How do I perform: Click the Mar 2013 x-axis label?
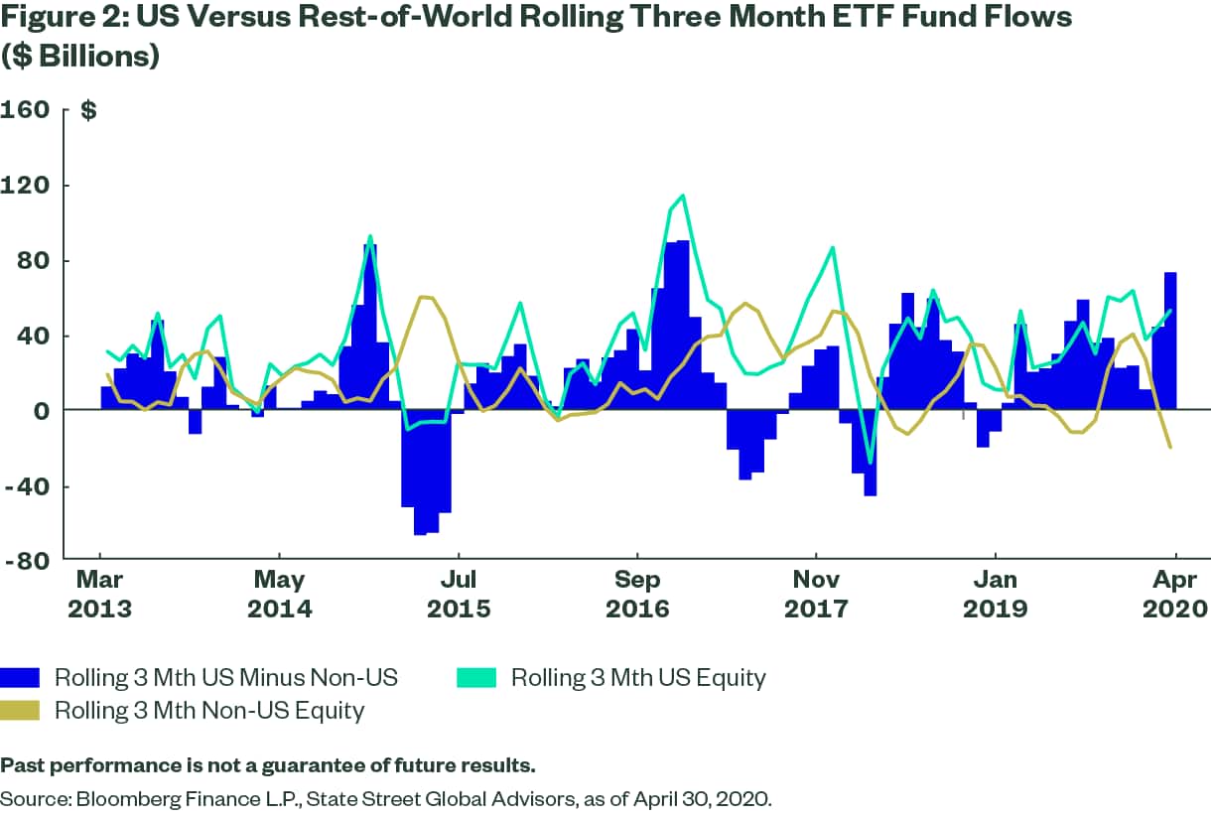point(100,593)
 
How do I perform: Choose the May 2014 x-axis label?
point(280,593)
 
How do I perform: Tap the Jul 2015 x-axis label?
point(459,593)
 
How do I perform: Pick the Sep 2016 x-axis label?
point(637,593)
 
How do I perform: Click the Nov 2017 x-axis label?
point(816,593)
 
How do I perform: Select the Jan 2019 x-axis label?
point(995,593)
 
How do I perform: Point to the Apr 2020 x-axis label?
point(1176,593)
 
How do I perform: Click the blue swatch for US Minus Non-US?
point(20,678)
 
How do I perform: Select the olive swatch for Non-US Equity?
point(20,710)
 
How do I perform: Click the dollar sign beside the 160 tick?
point(88,110)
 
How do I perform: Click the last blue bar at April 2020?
point(1171,341)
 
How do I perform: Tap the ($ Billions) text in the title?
point(80,57)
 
